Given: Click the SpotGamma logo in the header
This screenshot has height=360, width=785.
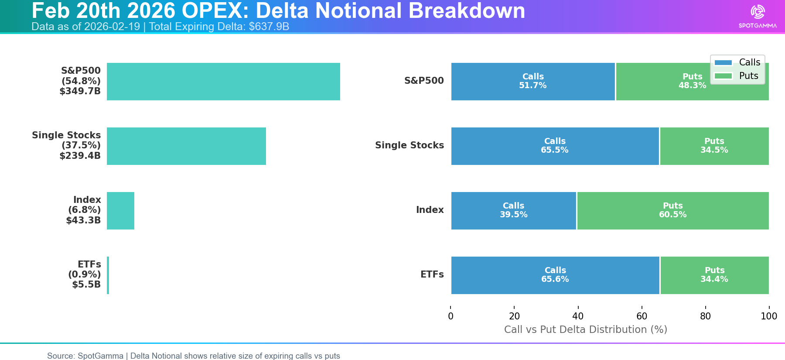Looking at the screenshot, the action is pyautogui.click(x=758, y=16).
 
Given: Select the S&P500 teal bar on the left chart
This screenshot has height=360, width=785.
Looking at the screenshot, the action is pyautogui.click(x=223, y=82).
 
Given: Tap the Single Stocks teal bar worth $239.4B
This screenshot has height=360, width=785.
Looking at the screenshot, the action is pyautogui.click(x=186, y=146).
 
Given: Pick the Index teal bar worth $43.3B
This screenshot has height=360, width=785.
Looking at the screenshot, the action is pyautogui.click(x=120, y=211).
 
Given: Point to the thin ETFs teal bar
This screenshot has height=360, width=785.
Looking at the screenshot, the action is pyautogui.click(x=108, y=275).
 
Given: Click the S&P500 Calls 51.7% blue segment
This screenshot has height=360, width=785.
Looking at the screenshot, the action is pyautogui.click(x=533, y=82).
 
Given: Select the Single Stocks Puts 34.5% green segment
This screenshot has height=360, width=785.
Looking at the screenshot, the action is pyautogui.click(x=714, y=146).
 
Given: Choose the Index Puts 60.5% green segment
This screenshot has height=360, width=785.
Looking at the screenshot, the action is pyautogui.click(x=673, y=211).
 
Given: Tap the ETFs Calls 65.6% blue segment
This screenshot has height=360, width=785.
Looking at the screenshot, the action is pyautogui.click(x=555, y=275).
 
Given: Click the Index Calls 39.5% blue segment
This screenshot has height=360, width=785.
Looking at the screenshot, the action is pyautogui.click(x=514, y=211).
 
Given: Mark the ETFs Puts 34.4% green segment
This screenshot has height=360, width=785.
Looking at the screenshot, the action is pyautogui.click(x=715, y=275).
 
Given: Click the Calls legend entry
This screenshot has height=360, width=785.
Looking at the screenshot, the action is pyautogui.click(x=737, y=62).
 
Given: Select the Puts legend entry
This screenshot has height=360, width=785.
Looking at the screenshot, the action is pyautogui.click(x=737, y=76).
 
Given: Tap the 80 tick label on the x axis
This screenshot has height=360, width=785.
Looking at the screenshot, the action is pyautogui.click(x=705, y=316).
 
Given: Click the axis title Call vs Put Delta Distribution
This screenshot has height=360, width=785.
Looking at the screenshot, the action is pyautogui.click(x=586, y=329).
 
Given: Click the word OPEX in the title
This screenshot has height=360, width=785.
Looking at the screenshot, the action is pyautogui.click(x=212, y=10).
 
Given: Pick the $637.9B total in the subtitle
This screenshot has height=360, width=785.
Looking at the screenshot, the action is pyautogui.click(x=269, y=27).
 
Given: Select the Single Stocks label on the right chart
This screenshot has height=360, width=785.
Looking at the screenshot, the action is pyautogui.click(x=410, y=145).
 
